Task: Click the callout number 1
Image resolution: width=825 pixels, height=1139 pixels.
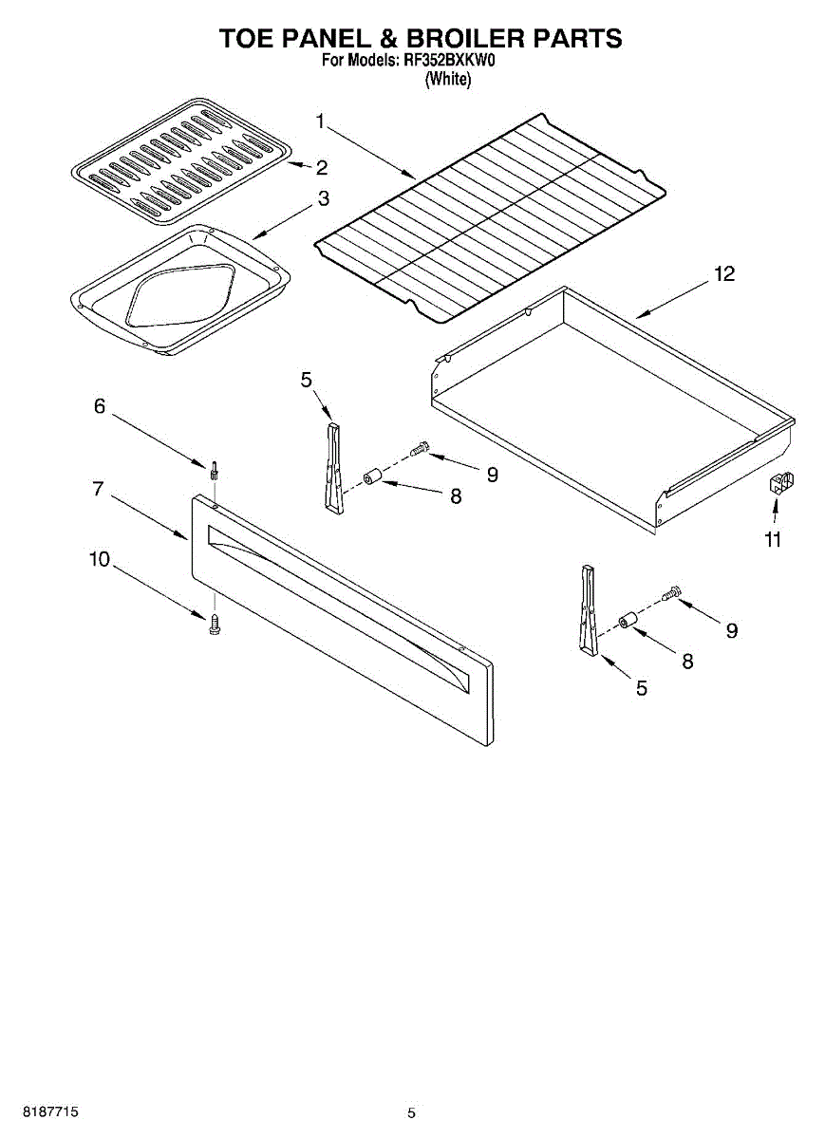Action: (320, 121)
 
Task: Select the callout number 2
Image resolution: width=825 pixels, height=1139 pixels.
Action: (322, 168)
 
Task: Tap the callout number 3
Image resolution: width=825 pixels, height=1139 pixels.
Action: (323, 199)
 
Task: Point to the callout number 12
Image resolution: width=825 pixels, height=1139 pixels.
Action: (723, 274)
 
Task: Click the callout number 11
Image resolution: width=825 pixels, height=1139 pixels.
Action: (773, 539)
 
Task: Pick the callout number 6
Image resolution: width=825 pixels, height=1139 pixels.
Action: (100, 406)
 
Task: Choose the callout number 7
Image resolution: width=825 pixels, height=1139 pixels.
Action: (98, 489)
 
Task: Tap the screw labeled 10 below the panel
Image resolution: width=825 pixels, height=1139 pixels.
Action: (214, 623)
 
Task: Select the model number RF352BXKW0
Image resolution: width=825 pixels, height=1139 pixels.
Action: (450, 62)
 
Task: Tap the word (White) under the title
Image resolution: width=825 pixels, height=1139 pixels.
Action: (447, 80)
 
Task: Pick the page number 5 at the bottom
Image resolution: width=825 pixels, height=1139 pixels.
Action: (411, 1112)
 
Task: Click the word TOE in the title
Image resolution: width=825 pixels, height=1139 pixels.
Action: (249, 38)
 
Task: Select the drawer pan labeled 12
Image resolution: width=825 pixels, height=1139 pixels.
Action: (608, 399)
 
